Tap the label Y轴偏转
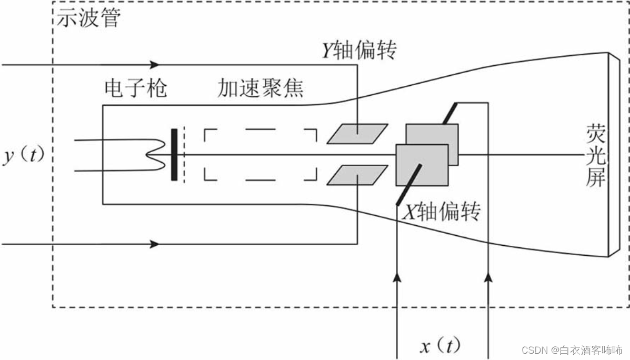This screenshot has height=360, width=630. [358, 51]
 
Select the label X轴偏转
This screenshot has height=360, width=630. [441, 213]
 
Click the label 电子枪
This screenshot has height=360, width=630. [135, 88]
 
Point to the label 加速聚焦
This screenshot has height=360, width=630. [261, 88]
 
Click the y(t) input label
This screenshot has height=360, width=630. [24, 156]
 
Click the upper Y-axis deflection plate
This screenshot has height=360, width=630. [357, 134]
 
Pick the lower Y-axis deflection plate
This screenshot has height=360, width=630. [357, 175]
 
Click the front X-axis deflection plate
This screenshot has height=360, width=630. [422, 165]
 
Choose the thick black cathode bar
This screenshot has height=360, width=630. [174, 154]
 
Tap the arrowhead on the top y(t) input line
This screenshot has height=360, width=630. [155, 65]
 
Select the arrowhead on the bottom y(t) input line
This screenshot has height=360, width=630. [155, 244]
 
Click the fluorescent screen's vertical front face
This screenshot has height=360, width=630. [613, 155]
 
